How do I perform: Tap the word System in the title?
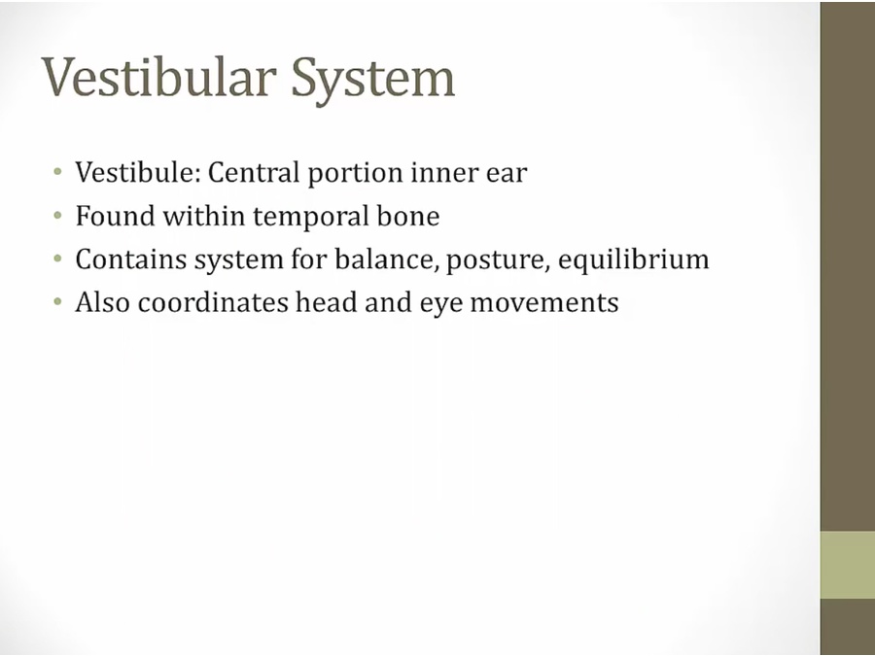[x=372, y=81]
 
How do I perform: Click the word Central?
[x=254, y=172]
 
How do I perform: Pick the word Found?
[x=115, y=216]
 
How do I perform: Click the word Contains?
[x=131, y=259]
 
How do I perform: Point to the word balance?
[x=386, y=259]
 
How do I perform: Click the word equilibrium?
[x=633, y=260]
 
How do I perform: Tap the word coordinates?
[x=213, y=303]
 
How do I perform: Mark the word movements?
[x=544, y=304]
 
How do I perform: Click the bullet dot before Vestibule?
[x=57, y=171]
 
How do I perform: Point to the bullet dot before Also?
[x=57, y=302]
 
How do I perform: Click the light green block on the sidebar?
[x=848, y=565]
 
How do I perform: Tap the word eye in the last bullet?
[x=440, y=306]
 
